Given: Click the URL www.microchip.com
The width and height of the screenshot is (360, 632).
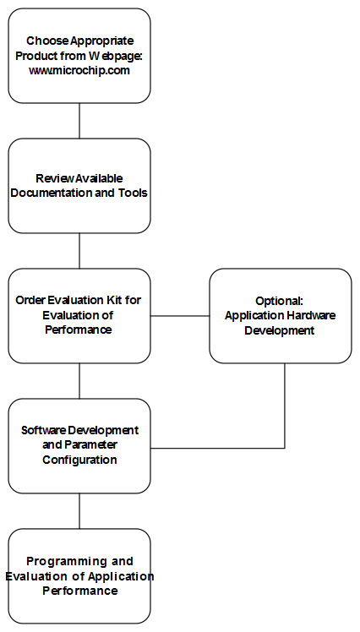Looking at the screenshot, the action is point(79,71).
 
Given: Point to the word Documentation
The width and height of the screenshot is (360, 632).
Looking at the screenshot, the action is point(52,193).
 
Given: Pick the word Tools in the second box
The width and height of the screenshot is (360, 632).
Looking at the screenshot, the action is point(133,193).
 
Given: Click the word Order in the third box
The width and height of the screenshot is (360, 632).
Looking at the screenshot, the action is point(30,300).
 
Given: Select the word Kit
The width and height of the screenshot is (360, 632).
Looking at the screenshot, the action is point(114,300).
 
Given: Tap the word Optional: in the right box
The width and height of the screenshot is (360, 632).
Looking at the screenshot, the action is point(279,301).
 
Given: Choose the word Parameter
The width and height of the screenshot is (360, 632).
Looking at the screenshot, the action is point(90,445).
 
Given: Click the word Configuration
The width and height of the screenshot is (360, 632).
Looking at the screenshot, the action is point(79,460).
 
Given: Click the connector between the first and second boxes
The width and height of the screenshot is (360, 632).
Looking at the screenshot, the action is point(79,121).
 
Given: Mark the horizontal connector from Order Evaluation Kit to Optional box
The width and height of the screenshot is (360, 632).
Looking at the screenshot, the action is point(180,316).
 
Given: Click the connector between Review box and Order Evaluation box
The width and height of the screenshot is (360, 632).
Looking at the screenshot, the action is point(79,251).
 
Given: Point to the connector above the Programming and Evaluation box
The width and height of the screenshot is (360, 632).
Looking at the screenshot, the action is point(79,511).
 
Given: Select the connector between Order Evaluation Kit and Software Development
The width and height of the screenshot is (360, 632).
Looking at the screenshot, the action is point(79,381).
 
